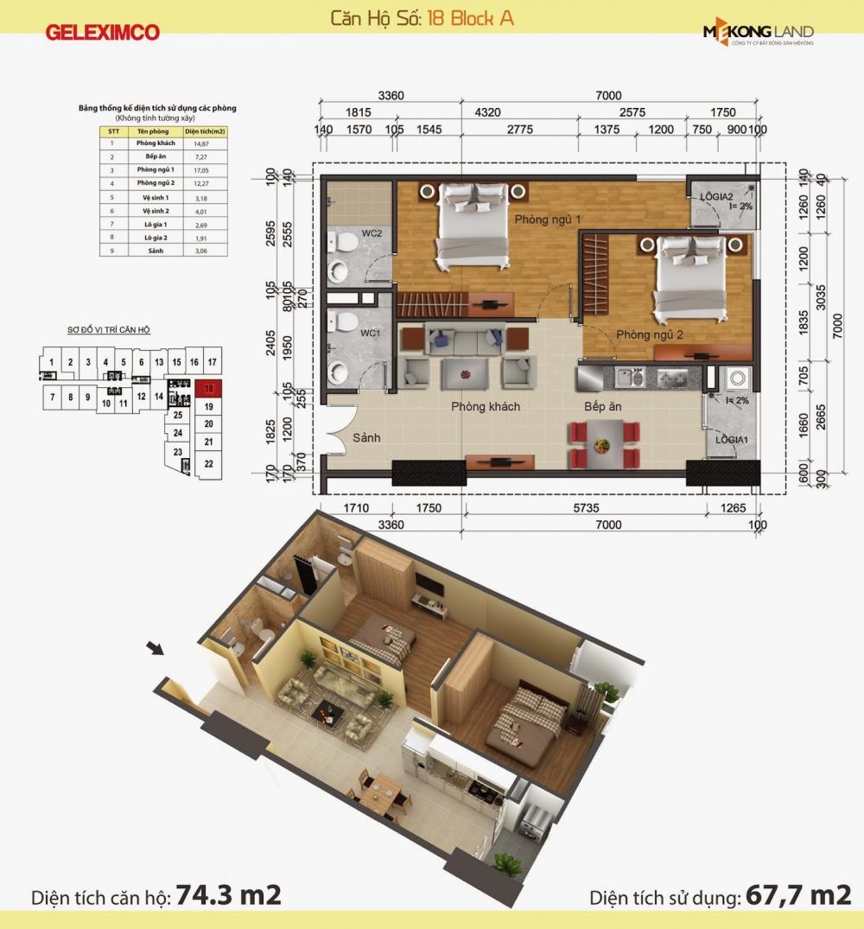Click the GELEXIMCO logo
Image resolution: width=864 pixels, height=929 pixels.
[x=103, y=33]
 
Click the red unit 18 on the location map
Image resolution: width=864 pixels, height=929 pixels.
[x=208, y=389]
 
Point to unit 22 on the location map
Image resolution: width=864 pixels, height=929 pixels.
[x=208, y=463]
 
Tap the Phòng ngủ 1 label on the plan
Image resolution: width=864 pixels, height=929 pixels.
[x=547, y=220]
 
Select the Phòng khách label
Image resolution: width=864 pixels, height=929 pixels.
[x=486, y=406]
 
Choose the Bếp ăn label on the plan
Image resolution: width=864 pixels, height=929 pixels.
[x=603, y=406]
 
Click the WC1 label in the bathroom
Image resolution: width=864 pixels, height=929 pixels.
[x=370, y=333]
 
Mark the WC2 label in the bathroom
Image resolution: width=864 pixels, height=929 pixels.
[x=372, y=233]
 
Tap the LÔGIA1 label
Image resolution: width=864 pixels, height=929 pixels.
[x=730, y=440]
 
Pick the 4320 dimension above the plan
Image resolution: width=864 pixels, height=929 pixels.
[x=488, y=112]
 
